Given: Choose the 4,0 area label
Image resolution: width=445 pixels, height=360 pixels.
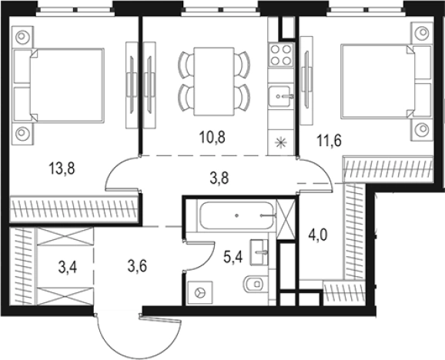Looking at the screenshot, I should [x=316, y=233].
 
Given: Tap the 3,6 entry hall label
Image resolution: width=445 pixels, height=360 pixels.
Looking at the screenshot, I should [x=137, y=268].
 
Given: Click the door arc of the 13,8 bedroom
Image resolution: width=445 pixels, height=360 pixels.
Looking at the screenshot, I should [x=122, y=175].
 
